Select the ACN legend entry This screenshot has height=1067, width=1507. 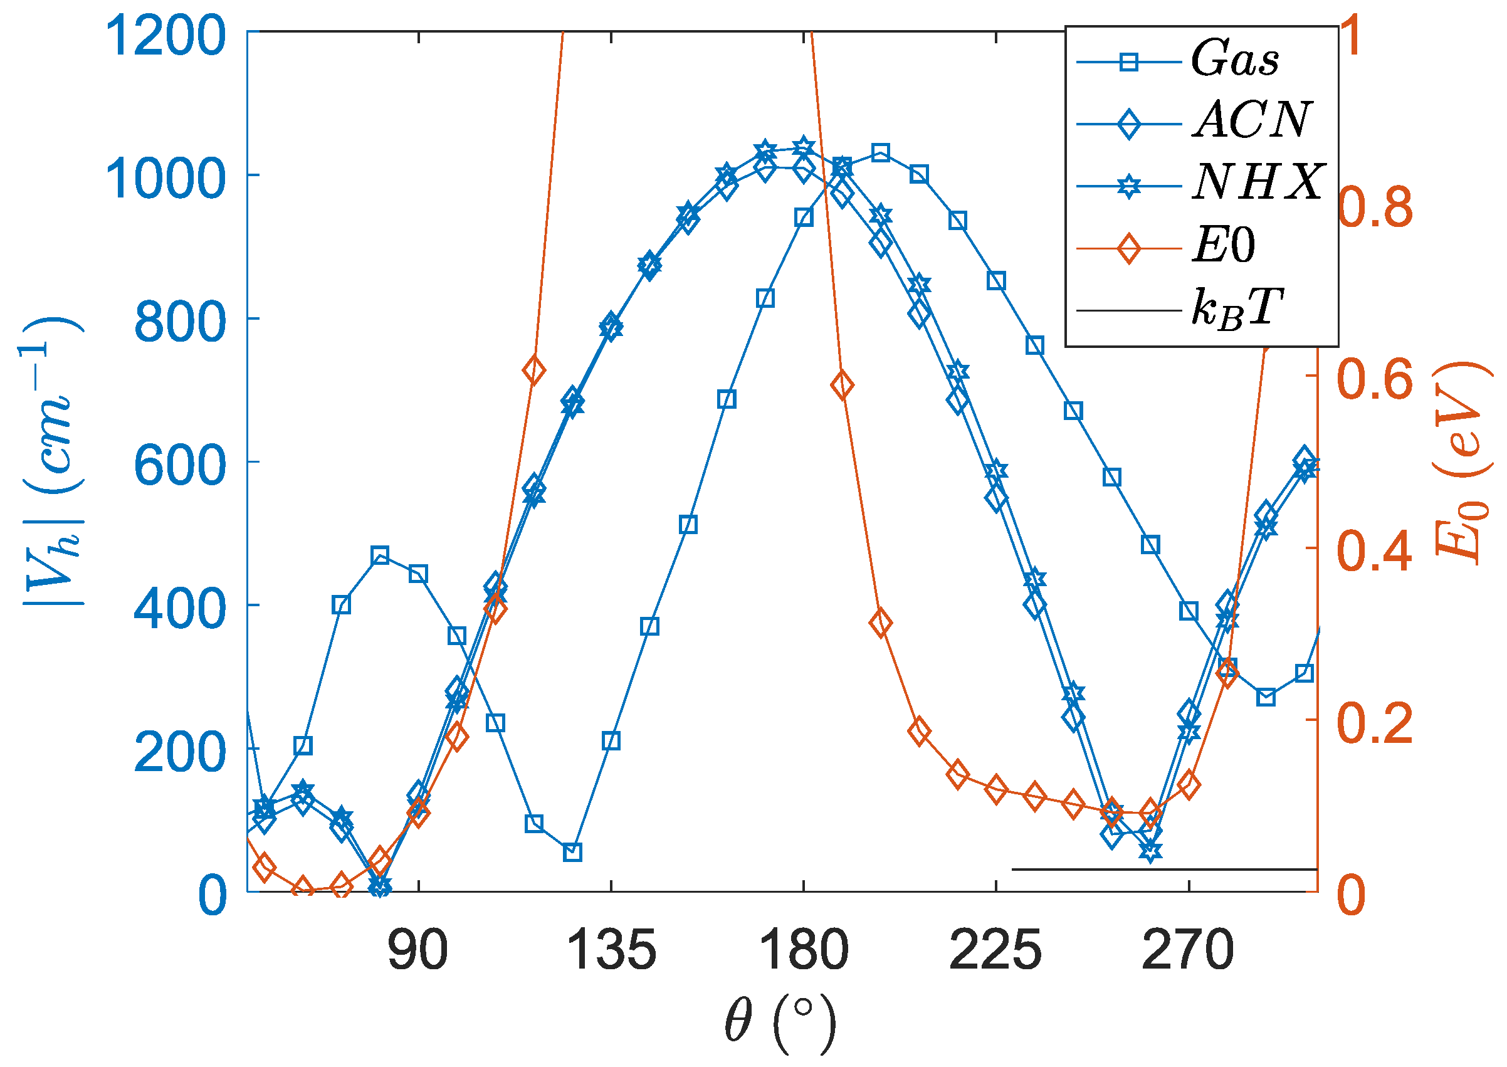[x=1251, y=122]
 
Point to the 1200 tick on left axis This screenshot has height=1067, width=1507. [x=166, y=36]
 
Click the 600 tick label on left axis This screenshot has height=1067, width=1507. [x=179, y=467]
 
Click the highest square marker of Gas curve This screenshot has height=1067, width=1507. [x=880, y=154]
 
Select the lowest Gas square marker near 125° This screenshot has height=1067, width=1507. [x=573, y=853]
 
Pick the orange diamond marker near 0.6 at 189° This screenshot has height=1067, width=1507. [x=842, y=386]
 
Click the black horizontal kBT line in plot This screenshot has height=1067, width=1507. [x=1163, y=870]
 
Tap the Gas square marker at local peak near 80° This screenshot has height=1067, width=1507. [x=380, y=556]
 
